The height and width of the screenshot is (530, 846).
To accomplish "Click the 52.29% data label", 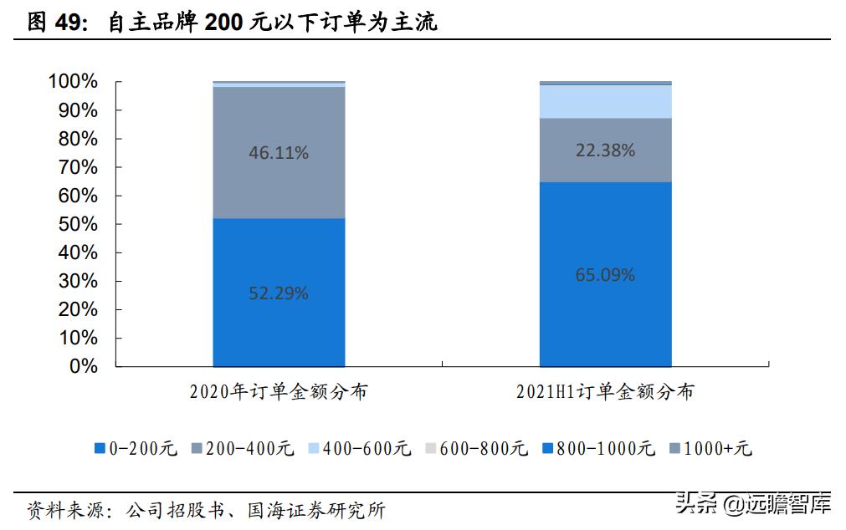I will pyautogui.click(x=279, y=293).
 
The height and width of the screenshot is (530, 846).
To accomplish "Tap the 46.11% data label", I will pyautogui.click(x=279, y=153).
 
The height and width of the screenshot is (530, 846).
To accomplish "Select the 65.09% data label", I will pyautogui.click(x=605, y=274).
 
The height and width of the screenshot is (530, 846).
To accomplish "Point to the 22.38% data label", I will pyautogui.click(x=605, y=150).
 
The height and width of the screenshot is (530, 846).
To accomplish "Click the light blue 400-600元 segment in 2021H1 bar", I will pyautogui.click(x=605, y=101).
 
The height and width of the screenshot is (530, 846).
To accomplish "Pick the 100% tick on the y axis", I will pyautogui.click(x=74, y=82).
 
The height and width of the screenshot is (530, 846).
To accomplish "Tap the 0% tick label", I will pyautogui.click(x=84, y=366).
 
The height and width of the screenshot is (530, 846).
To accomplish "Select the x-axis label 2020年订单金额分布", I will pyautogui.click(x=278, y=391).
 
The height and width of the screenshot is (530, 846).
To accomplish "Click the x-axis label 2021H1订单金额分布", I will pyautogui.click(x=605, y=391).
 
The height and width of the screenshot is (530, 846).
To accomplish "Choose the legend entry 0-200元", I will pyautogui.click(x=136, y=449).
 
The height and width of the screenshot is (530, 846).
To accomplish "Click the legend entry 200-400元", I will pyautogui.click(x=244, y=449).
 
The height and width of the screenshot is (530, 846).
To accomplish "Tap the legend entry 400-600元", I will pyautogui.click(x=361, y=449).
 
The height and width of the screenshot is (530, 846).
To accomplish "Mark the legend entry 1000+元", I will pyautogui.click(x=710, y=449).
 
